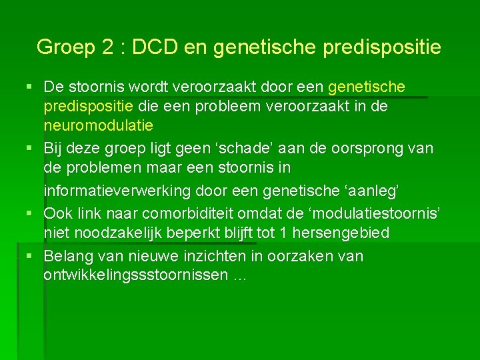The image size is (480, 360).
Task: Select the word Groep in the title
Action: tap(65, 47)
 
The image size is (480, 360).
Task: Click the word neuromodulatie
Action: tap(99, 125)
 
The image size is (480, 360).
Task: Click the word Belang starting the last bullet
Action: tap(69, 256)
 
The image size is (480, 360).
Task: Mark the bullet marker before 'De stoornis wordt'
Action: tap(26, 87)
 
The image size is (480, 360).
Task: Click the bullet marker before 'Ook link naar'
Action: tap(26, 213)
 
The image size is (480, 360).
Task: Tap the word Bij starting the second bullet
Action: tap(54, 148)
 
